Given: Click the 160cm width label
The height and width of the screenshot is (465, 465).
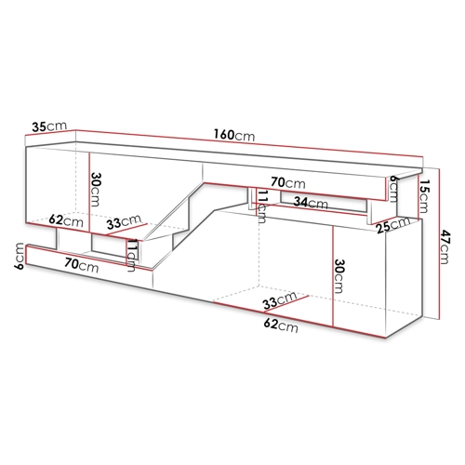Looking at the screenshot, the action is pos(234,135).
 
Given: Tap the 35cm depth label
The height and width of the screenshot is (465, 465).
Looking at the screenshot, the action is pos(49,126).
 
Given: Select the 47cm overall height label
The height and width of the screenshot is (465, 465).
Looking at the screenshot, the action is pos(444,246).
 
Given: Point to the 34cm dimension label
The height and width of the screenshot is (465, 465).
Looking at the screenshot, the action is pos(311,203).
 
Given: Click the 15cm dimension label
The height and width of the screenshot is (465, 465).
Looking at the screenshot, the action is pos(423,196).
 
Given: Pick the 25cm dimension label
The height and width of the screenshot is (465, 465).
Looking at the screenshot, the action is pos(393,225).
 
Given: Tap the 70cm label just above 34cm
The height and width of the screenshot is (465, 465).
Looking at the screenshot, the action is pos(288,182).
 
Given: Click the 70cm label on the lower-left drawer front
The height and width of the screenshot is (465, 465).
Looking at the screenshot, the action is pos(82,266).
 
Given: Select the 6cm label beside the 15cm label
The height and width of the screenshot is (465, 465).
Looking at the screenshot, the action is pos(393,188).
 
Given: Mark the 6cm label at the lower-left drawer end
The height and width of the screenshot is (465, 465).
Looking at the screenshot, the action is pos(19,256).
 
